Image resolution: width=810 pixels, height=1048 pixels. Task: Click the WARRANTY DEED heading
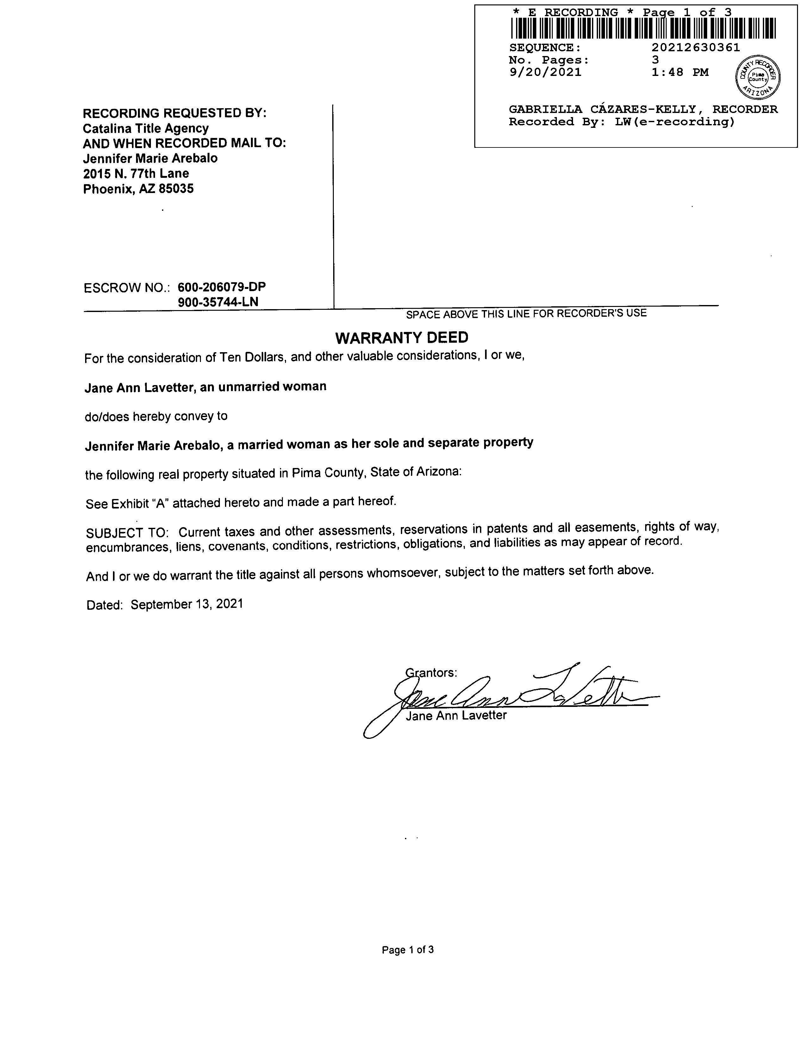click(x=402, y=338)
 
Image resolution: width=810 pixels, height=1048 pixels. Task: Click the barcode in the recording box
click(x=643, y=28)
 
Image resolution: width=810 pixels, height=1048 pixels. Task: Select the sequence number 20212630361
click(x=696, y=47)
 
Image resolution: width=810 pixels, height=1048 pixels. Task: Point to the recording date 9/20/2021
click(x=545, y=72)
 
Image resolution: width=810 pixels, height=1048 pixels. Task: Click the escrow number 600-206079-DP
click(x=222, y=287)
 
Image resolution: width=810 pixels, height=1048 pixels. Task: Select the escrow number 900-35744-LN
click(x=218, y=302)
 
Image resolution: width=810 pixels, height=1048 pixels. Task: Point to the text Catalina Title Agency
click(x=146, y=128)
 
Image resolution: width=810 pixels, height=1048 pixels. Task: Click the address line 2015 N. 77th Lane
click(x=136, y=174)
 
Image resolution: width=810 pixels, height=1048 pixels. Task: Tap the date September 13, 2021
click(x=187, y=604)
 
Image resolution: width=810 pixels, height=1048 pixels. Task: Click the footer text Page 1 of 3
click(x=408, y=950)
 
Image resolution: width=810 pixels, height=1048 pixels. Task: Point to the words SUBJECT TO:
click(x=127, y=533)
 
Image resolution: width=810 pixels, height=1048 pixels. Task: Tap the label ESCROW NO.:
click(x=127, y=288)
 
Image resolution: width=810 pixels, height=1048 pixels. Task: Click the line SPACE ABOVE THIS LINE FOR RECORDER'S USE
click(x=526, y=314)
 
